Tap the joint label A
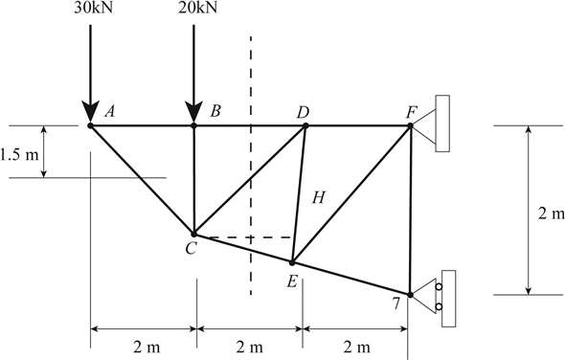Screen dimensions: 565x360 [x=110, y=111]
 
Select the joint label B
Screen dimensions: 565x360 [x=215, y=111]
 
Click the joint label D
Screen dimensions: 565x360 [x=303, y=112]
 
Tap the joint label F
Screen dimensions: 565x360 [x=410, y=112]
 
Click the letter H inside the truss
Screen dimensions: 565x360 [x=319, y=198]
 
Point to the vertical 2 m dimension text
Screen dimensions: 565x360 [x=551, y=213]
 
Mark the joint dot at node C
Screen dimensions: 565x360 [x=194, y=234]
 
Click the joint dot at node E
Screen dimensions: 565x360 [x=293, y=261]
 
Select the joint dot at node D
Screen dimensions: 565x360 [x=305, y=125]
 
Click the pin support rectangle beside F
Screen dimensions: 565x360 [x=442, y=124]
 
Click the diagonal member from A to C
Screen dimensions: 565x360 [x=142, y=179]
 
